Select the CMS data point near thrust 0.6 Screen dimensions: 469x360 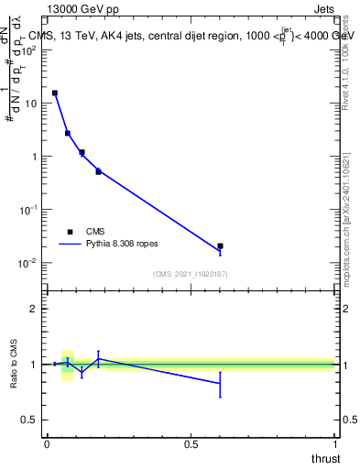[220, 245]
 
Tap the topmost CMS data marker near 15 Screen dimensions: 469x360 [55, 93]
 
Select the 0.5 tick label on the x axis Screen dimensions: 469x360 [191, 443]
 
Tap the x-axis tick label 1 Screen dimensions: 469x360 [334, 443]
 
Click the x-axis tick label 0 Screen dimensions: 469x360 [46, 443]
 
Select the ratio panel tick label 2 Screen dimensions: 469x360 [33, 309]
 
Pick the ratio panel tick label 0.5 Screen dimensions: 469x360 [29, 420]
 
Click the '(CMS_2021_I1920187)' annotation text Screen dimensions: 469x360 [190, 274]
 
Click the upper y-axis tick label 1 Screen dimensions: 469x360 [33, 156]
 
